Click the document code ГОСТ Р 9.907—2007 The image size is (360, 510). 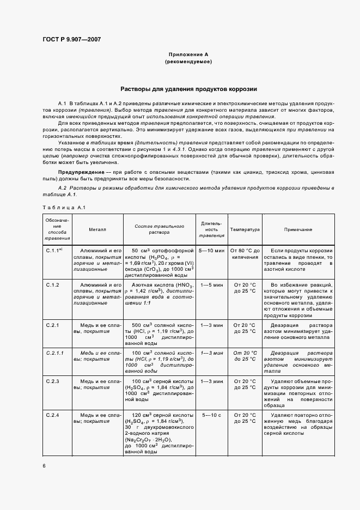(x=71, y=40)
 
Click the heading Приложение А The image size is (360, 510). (x=188, y=54)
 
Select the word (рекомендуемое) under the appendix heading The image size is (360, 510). (x=188, y=62)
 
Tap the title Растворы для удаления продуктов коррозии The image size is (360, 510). (x=188, y=89)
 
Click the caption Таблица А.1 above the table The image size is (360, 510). (x=63, y=207)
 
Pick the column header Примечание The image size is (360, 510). (x=298, y=229)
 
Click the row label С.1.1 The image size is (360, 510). (x=54, y=250)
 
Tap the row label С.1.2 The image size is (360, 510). (x=53, y=285)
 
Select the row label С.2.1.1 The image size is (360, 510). (x=55, y=353)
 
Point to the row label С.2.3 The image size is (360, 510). (x=53, y=381)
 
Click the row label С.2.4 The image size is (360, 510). (x=53, y=416)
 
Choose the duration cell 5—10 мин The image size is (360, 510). (x=211, y=250)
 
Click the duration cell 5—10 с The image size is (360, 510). (x=211, y=416)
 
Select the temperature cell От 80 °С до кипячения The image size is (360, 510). (x=245, y=253)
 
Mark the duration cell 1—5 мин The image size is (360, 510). (x=211, y=285)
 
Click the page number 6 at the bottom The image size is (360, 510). (x=43, y=465)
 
